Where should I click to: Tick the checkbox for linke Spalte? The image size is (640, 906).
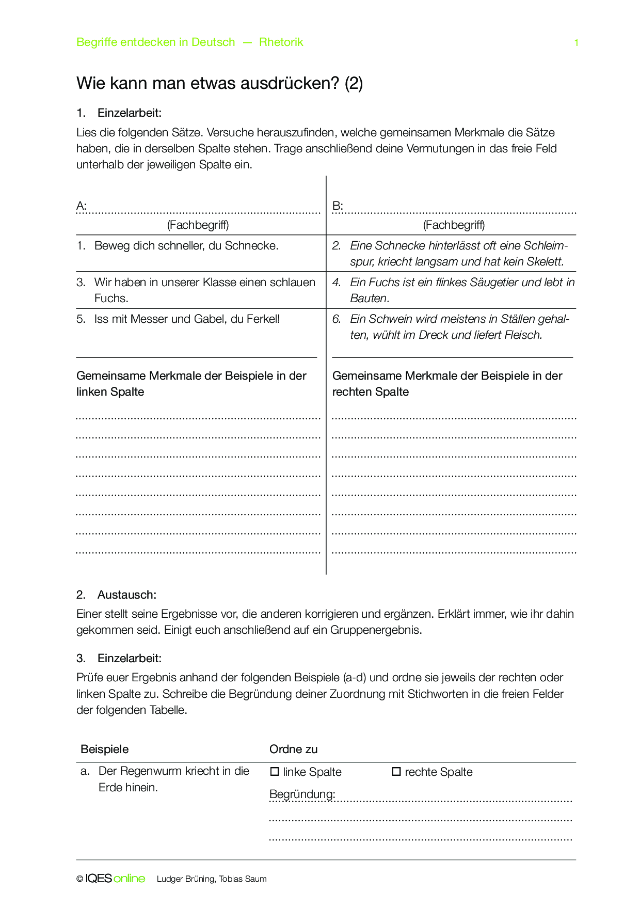coord(275,772)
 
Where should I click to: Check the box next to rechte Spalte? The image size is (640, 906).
coord(396,772)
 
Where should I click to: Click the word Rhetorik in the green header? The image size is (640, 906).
coord(281,42)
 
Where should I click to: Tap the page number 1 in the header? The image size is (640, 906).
coord(576,43)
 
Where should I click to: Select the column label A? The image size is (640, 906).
coord(82,206)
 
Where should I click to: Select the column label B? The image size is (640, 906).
coord(338,206)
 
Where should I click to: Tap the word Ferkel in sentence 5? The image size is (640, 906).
coord(263,319)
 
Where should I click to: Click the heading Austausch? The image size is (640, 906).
coord(126,595)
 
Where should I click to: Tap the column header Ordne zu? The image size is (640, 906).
coord(293,749)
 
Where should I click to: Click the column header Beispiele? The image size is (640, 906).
coord(104,749)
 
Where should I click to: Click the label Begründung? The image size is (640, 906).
coord(302,794)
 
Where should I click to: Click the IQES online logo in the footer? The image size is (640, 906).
coord(115,879)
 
